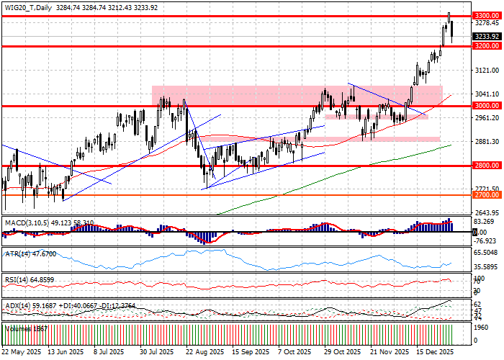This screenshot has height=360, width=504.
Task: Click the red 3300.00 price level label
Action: click(x=486, y=14)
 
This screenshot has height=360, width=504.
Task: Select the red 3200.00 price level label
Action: click(x=486, y=46)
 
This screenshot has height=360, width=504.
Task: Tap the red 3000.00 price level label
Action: click(x=486, y=106)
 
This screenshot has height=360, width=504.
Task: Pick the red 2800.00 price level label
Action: click(x=486, y=166)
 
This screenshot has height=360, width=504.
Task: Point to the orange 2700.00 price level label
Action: click(x=486, y=195)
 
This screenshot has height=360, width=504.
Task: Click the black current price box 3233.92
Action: click(x=486, y=35)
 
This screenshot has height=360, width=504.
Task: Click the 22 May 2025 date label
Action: click(x=22, y=353)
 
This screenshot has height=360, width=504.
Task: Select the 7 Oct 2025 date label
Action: click(x=295, y=353)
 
